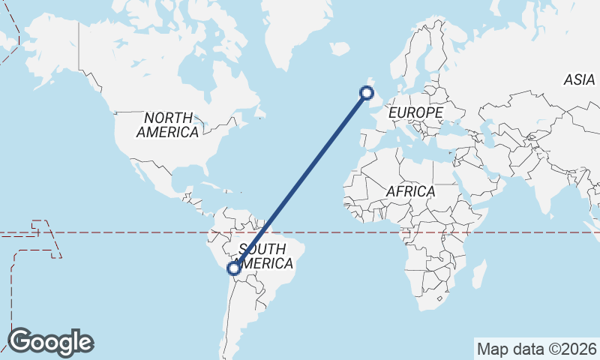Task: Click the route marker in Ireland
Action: [367, 93]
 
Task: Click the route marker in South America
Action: [234, 268]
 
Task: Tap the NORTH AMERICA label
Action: [168, 124]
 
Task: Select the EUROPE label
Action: [415, 112]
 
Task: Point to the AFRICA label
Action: [410, 191]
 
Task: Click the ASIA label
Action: [579, 79]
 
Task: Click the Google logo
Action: [50, 342]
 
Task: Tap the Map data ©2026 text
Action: [536, 349]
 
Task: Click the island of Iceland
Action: [340, 49]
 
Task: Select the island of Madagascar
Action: [478, 274]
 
